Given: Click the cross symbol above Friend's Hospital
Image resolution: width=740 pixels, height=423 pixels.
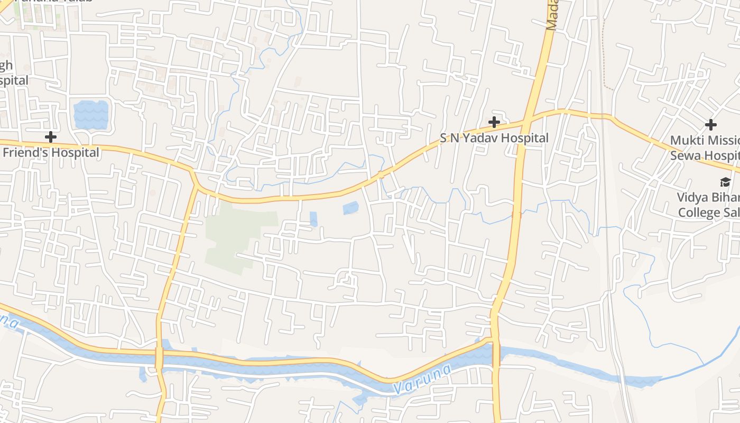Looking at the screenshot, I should pyautogui.click(x=51, y=137).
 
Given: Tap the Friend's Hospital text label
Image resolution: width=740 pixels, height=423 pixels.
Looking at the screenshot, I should pyautogui.click(x=51, y=153).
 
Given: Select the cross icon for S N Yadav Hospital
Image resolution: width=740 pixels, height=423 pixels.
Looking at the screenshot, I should pyautogui.click(x=494, y=123).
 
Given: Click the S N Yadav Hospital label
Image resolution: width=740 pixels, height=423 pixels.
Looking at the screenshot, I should pyautogui.click(x=494, y=138).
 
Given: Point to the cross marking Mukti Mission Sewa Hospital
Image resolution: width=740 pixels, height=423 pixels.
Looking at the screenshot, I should pyautogui.click(x=711, y=125).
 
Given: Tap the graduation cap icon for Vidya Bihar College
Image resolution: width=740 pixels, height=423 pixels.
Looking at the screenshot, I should pyautogui.click(x=725, y=182).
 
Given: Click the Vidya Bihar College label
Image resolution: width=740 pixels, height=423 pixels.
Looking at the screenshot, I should pyautogui.click(x=708, y=205).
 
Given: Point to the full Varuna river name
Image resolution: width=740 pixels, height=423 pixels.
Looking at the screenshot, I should pyautogui.click(x=423, y=379).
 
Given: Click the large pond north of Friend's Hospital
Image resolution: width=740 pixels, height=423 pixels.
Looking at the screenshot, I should pyautogui.click(x=91, y=115).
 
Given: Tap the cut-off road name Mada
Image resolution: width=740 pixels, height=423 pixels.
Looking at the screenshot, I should pyautogui.click(x=552, y=16).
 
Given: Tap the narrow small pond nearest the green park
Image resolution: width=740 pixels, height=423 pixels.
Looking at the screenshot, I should pyautogui.click(x=313, y=218).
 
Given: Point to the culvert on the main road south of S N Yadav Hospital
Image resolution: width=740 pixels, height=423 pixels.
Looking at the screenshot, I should pyautogui.click(x=516, y=215).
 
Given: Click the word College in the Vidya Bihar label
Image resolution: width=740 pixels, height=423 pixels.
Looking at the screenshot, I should pyautogui.click(x=699, y=213).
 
